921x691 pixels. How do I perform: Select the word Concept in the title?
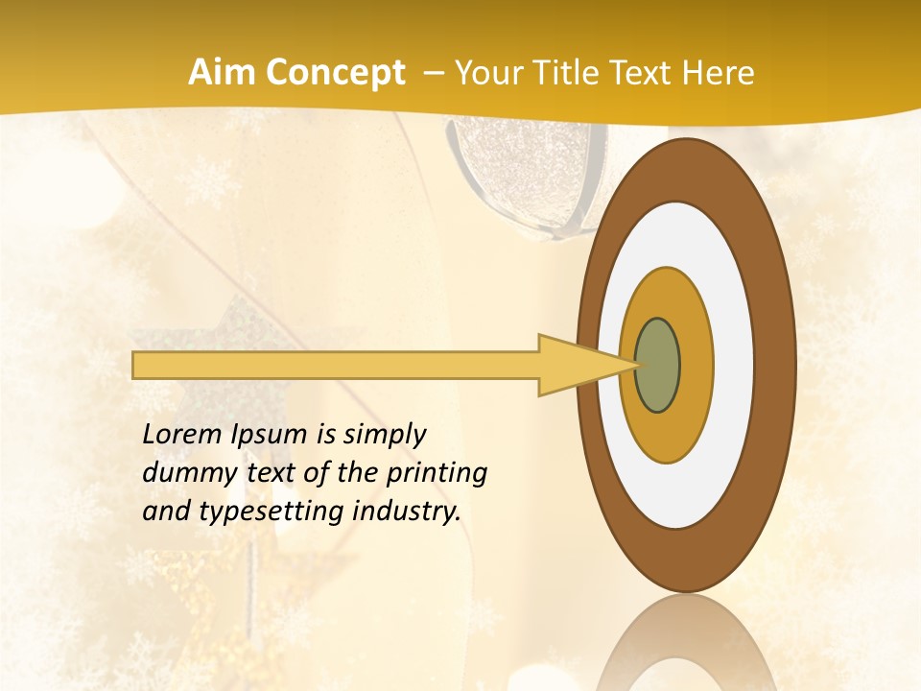tap(335, 74)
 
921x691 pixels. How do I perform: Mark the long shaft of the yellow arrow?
tap(336, 366)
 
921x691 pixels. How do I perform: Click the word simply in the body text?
tap(385, 435)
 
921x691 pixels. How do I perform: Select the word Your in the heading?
tap(485, 73)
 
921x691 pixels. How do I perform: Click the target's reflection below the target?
tap(687, 648)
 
